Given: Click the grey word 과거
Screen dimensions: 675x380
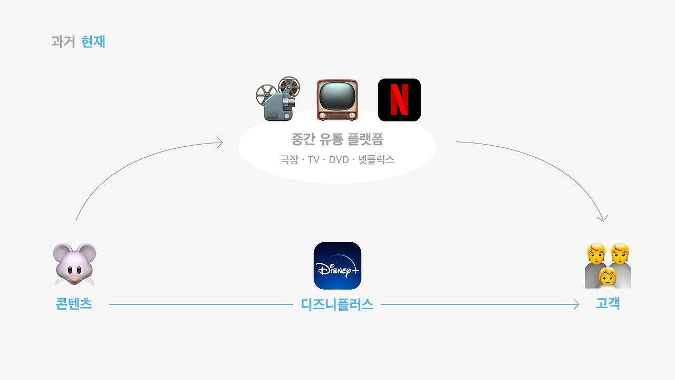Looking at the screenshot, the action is pos(63,42).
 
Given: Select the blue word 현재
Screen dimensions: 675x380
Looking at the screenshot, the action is pos(93,42).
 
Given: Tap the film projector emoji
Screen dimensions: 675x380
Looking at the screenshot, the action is pos(278,99).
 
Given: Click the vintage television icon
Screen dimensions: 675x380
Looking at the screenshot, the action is pos(337,100).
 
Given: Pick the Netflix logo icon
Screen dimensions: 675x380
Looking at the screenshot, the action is pos(399,100).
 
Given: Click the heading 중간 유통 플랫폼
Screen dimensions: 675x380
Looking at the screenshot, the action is pos(337,139).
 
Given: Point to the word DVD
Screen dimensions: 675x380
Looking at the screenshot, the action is pos(339,159).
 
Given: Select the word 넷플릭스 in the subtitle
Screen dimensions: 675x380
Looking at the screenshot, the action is pos(376,159).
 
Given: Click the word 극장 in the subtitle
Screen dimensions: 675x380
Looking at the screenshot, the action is pos(290,159).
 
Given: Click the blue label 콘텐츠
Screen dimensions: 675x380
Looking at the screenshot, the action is pos(73,303).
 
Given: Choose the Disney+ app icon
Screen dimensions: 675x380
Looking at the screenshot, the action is pos(337,265).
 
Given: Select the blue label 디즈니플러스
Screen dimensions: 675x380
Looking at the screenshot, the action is pos(337,305).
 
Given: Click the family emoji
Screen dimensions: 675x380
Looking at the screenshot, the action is pos(608,265).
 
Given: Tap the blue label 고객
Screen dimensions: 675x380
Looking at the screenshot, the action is pos(608,303).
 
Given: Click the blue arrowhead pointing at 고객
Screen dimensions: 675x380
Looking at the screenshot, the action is pos(576,305).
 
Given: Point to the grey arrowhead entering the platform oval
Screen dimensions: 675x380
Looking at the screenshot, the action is pos(220,142).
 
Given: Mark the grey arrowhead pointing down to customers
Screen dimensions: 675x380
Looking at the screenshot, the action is pos(603,218).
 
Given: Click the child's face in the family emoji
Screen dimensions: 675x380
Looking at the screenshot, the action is pos(607,276).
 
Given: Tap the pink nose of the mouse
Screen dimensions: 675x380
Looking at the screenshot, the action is pos(74,281).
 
